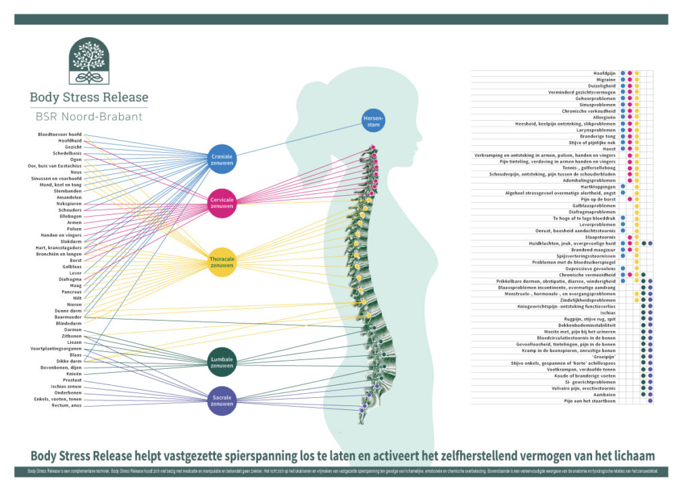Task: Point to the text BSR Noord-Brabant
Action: (x=89, y=116)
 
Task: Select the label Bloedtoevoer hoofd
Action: (x=59, y=134)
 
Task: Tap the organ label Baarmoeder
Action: (x=68, y=317)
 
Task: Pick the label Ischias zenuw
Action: (x=66, y=386)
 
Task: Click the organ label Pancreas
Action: (x=71, y=292)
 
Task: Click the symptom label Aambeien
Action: (x=603, y=395)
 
